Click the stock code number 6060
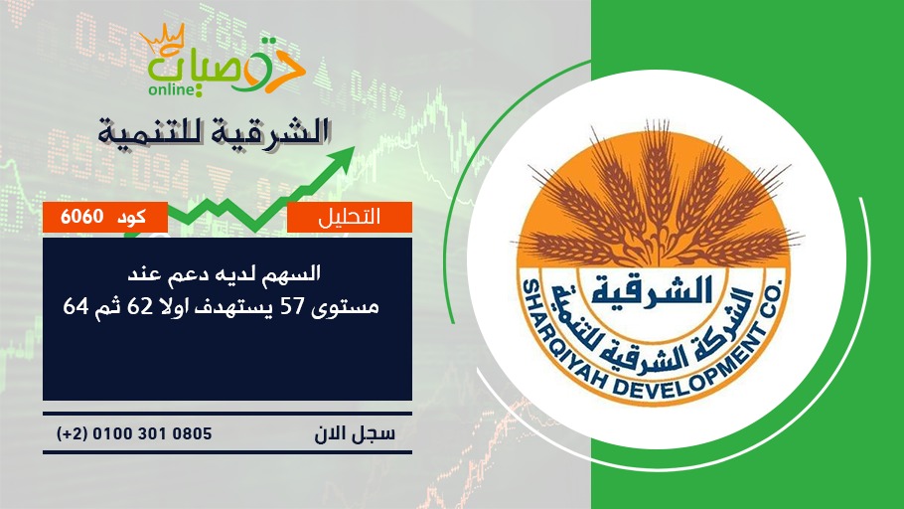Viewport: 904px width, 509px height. (81, 217)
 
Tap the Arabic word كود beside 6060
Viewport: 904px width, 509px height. (131, 217)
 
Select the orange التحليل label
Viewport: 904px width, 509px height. (350, 217)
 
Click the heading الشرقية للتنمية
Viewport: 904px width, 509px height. (214, 130)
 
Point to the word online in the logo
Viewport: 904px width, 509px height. (170, 89)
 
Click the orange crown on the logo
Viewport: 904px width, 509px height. (163, 38)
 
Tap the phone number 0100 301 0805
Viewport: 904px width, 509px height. (152, 433)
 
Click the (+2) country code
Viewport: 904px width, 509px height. (72, 433)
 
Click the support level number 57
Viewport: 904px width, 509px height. (292, 307)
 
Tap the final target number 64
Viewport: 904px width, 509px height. (75, 307)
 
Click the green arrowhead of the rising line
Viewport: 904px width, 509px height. (343, 157)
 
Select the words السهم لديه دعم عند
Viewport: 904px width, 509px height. (224, 273)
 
